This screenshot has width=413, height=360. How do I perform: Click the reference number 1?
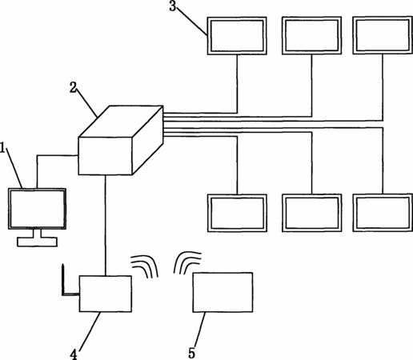click(x=2, y=147)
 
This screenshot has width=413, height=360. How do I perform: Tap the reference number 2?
click(x=73, y=87)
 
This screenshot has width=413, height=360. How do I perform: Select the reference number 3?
click(x=173, y=6)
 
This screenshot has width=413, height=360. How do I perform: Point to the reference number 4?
click(x=74, y=354)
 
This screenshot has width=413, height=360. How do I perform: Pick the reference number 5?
click(x=191, y=354)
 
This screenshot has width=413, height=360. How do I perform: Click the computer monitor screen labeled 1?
click(x=37, y=209)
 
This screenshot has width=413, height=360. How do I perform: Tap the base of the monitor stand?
click(x=38, y=242)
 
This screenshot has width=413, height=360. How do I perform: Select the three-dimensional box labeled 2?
click(x=121, y=140)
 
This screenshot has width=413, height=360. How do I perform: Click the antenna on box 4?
click(x=64, y=280)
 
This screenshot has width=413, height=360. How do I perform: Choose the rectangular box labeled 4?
click(x=106, y=294)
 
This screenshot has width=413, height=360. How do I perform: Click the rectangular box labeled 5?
click(x=223, y=292)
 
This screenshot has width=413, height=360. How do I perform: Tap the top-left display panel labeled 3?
click(x=237, y=36)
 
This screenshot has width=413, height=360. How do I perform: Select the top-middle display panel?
click(x=312, y=35)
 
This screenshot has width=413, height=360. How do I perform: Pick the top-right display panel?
click(x=383, y=35)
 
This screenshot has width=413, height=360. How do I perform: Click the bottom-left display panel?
click(x=237, y=213)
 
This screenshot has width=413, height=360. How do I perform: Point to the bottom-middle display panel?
click(x=312, y=213)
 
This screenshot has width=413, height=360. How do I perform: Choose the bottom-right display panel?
click(x=383, y=212)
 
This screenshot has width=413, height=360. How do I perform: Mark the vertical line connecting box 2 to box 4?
click(x=106, y=226)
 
